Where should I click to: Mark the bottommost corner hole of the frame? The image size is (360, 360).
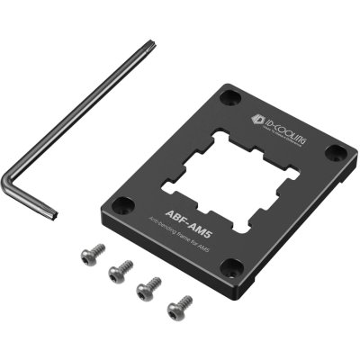pyautogui.click(x=231, y=265)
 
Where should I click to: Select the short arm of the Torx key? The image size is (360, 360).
pyautogui.click(x=31, y=200)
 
